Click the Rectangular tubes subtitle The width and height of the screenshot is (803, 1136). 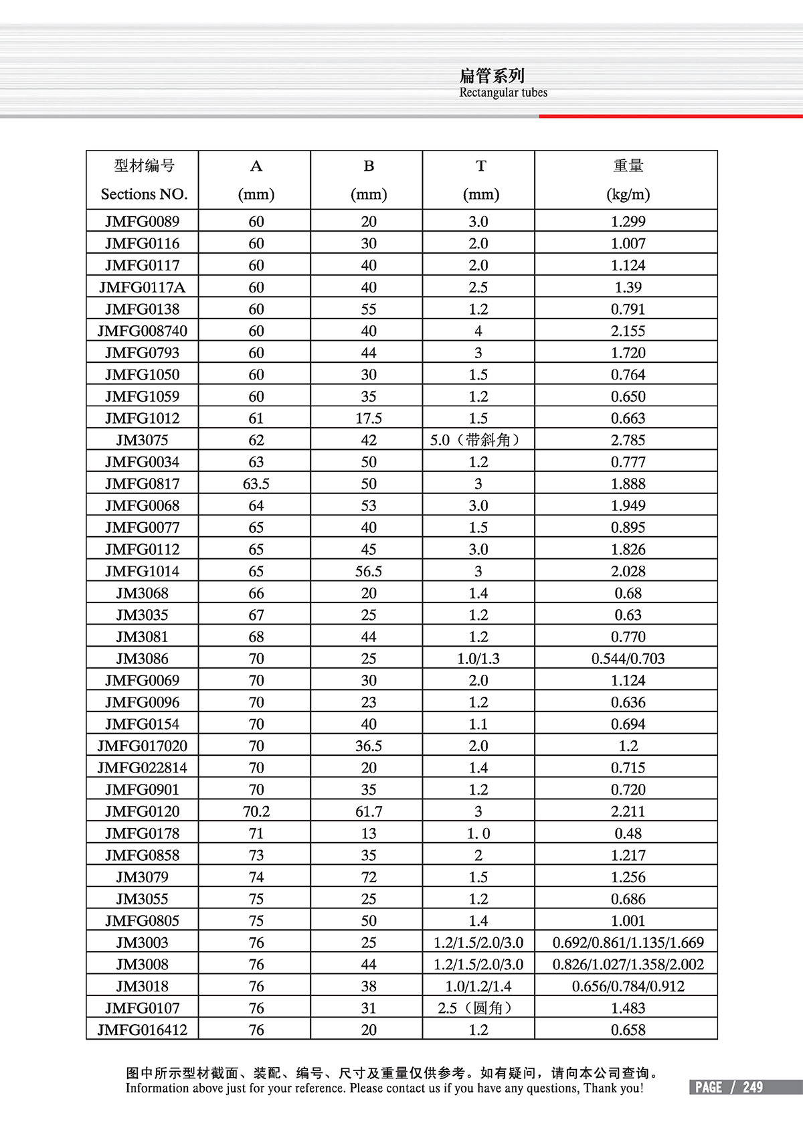click(503, 93)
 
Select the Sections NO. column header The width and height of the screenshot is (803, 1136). click(144, 194)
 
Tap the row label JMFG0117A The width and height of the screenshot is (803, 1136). click(142, 287)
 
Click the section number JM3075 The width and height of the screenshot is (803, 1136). click(142, 440)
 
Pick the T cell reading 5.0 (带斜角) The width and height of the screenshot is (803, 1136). click(477, 440)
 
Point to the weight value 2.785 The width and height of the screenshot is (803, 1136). click(628, 440)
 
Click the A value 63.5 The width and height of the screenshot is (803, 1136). click(256, 483)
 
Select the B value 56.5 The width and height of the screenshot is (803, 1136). click(368, 571)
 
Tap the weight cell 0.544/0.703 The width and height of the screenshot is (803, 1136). click(628, 658)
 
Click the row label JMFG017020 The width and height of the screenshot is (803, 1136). click(142, 746)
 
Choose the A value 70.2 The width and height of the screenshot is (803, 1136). click(256, 811)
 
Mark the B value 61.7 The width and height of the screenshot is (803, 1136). click(368, 811)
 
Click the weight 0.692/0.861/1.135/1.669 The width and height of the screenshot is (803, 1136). click(628, 943)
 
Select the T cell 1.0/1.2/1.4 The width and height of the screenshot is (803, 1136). click(478, 986)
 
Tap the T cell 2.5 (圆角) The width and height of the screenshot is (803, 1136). click(478, 1008)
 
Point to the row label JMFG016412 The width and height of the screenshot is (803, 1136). click(142, 1030)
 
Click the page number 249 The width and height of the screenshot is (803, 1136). click(752, 1087)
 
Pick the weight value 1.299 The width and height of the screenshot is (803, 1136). click(628, 222)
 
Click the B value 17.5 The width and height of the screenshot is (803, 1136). click(368, 418)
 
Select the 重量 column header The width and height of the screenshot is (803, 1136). click(628, 166)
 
